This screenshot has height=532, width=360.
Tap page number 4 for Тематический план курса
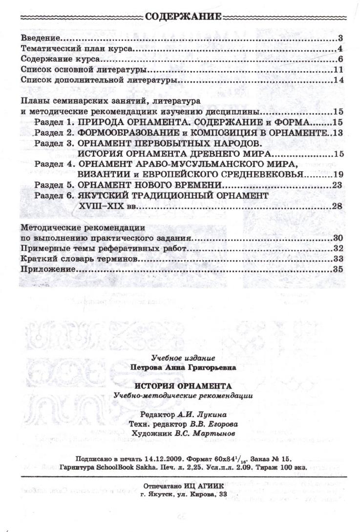tap(339, 49)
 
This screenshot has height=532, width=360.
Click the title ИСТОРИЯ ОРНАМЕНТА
tap(183, 387)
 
